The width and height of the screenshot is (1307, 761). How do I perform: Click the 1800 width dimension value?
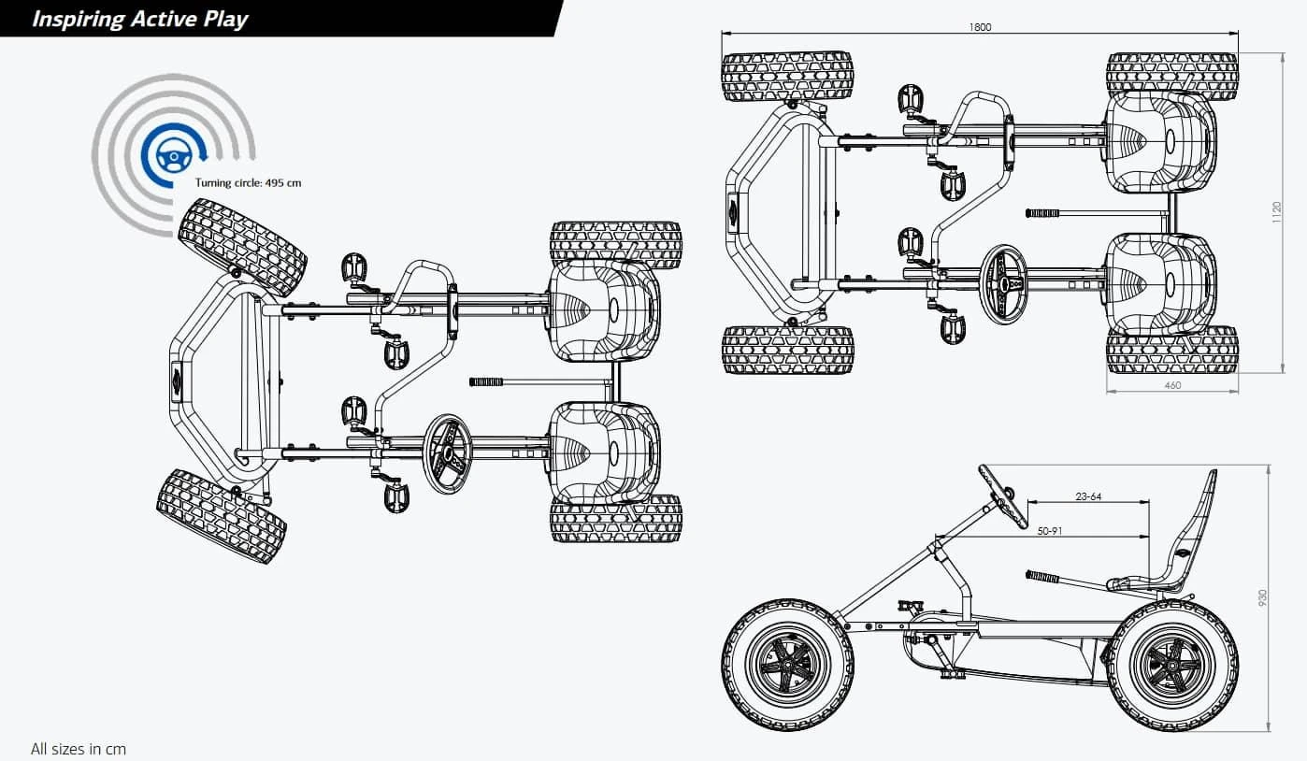pos(980,27)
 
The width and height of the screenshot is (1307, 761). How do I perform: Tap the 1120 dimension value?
pos(1276,213)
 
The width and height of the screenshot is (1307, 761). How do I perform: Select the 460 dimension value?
pos(1172,385)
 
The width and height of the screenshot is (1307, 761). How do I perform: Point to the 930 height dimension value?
pos(1264,596)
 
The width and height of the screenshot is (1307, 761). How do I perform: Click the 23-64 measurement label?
pos(1088,496)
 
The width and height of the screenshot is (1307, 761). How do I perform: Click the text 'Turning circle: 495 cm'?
pos(248,183)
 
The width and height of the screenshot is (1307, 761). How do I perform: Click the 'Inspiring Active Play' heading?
pos(140,19)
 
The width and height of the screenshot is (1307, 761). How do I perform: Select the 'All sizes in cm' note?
pos(79,749)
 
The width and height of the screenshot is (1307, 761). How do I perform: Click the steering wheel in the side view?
pos(1003,495)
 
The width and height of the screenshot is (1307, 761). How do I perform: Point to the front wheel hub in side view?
pos(786,665)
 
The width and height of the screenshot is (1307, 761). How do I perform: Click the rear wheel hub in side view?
pos(1171,665)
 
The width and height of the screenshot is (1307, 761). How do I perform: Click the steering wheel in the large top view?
pos(448,454)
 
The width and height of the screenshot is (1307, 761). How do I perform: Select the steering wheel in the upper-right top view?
pos(1003,284)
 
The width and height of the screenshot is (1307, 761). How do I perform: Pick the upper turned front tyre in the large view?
pos(242,246)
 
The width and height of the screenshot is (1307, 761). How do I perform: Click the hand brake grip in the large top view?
pos(486,381)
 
